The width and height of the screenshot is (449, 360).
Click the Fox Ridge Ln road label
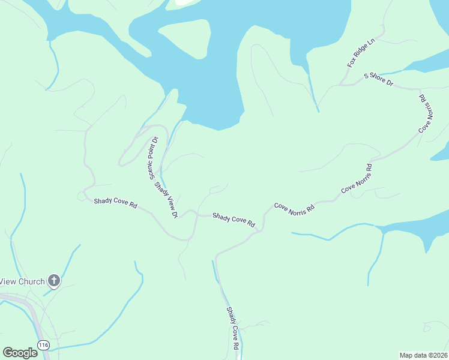click(360, 53)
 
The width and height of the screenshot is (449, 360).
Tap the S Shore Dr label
click(378, 79)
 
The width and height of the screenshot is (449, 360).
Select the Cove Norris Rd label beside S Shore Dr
click(425, 113)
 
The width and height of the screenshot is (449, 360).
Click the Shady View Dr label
click(166, 199)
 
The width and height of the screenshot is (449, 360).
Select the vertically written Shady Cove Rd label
click(232, 328)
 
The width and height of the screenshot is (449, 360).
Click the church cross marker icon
click(54, 280)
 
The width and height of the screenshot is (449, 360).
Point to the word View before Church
click(7, 281)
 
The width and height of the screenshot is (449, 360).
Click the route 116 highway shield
click(43, 345)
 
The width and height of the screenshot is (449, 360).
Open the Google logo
click(20, 352)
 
